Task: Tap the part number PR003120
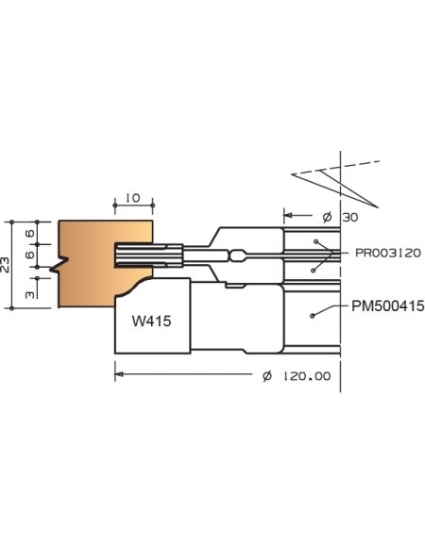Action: click(x=388, y=253)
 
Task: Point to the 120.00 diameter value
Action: click(x=310, y=376)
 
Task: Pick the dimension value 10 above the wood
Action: click(x=131, y=197)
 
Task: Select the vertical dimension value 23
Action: click(x=8, y=265)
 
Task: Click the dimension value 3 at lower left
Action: click(x=31, y=294)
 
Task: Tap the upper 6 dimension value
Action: click(x=29, y=233)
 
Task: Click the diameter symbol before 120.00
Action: click(x=267, y=376)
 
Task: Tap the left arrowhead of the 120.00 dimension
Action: click(x=119, y=375)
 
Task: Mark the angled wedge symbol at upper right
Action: click(x=335, y=178)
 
